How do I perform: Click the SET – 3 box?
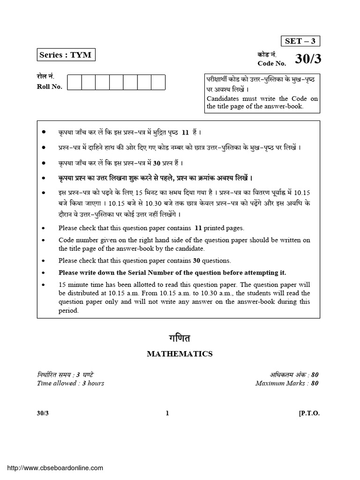point(300,41)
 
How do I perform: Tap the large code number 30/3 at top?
point(307,59)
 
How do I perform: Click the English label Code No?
point(271,63)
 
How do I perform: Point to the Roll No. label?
point(49,86)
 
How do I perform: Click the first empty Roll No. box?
point(75,82)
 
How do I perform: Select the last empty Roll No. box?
point(158,82)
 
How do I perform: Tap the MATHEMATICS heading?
point(180,354)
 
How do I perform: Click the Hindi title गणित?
point(180,338)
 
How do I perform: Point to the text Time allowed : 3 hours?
point(70,383)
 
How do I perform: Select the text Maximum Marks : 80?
point(287,383)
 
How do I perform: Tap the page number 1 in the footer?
point(167,413)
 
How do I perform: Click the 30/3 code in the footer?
point(43,413)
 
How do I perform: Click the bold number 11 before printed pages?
point(198,228)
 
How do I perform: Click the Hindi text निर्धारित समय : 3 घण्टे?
point(66,375)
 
